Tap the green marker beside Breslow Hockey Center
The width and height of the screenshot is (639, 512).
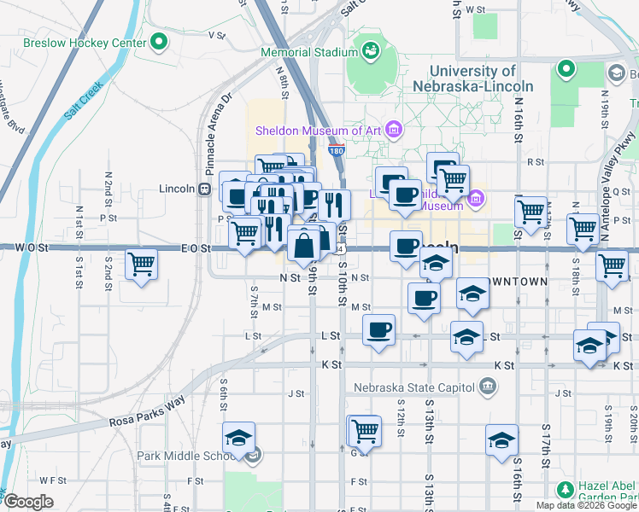coord(158,42)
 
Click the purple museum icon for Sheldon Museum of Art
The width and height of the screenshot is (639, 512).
coord(393,131)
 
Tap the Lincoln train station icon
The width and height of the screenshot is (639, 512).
coord(205,189)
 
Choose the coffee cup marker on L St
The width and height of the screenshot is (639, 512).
coord(378,329)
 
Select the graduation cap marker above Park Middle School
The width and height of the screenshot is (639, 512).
coord(238,439)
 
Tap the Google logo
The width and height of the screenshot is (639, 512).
coord(28,502)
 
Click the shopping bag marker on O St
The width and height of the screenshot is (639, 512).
coord(304,246)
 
